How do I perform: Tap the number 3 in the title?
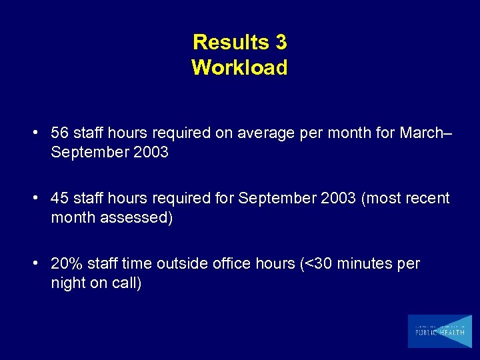(280, 43)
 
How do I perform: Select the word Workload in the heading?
(239, 67)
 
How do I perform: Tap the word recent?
(428, 199)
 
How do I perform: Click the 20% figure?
(65, 264)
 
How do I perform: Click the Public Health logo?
(439, 331)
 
